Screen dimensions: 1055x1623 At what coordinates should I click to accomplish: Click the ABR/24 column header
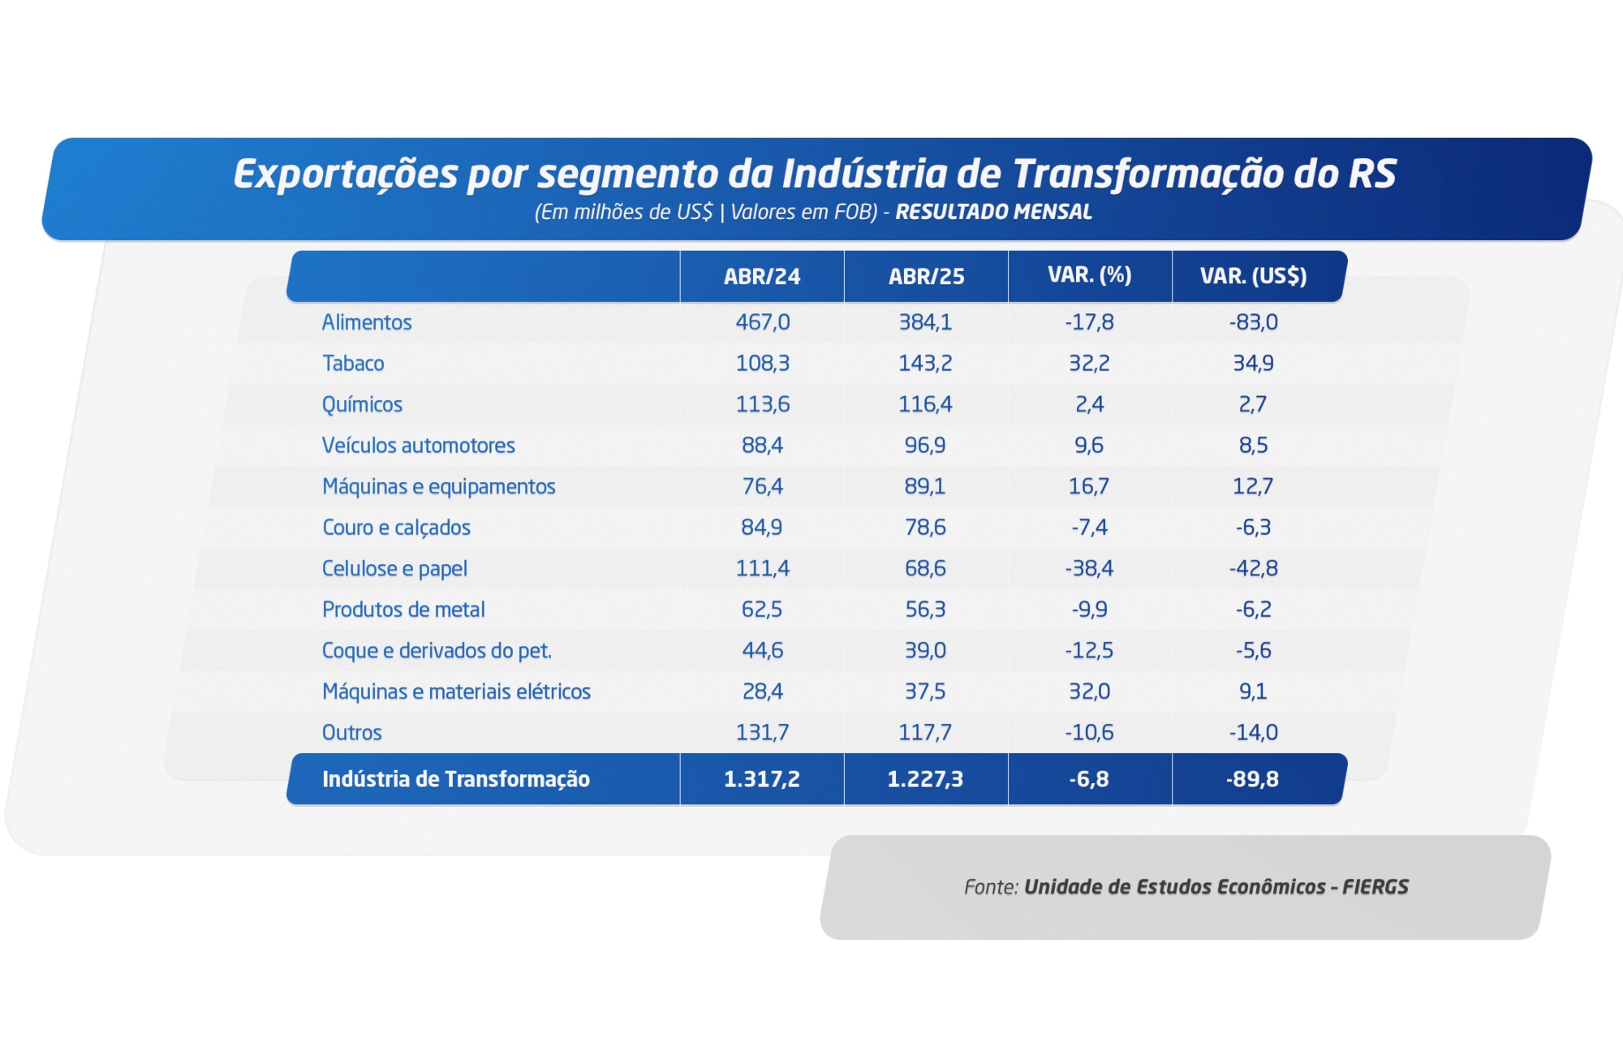[761, 277]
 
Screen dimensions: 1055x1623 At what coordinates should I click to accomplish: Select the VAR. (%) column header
[1089, 275]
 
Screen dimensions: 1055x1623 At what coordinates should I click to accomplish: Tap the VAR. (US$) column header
[1253, 277]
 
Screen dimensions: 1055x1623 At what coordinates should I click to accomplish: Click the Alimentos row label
[367, 323]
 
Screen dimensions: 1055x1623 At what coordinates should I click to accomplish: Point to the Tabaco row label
[353, 364]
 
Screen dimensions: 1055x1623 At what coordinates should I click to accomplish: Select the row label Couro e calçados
[396, 527]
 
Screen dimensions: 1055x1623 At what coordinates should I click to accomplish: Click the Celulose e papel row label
[394, 569]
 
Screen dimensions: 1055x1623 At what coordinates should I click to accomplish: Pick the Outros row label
[351, 733]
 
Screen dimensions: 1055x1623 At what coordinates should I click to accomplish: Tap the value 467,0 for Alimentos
[762, 323]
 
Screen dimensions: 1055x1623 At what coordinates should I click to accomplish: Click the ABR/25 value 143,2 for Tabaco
[925, 364]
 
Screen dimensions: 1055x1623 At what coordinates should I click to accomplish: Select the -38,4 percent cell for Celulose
[1089, 569]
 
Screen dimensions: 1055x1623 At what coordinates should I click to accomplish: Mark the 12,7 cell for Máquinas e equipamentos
[1253, 487]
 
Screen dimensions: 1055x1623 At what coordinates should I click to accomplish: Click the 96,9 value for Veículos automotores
[925, 446]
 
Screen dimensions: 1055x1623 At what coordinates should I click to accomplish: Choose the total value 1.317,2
[761, 780]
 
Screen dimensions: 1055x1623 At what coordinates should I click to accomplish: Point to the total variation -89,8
[1252, 780]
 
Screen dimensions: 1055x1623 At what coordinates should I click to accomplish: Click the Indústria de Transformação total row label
[456, 780]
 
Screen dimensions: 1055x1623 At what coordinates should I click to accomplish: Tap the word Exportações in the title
[346, 174]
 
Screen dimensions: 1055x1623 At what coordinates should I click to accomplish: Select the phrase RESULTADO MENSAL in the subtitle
[993, 213]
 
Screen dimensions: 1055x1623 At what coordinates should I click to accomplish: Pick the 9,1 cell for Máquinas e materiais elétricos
[1253, 691]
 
